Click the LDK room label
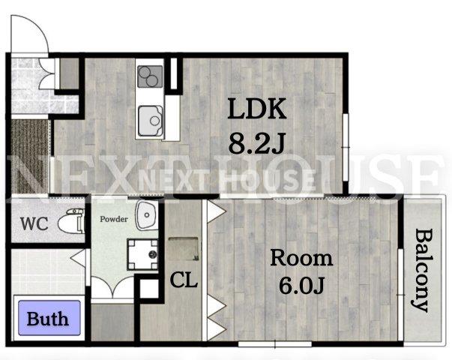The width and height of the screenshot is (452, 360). (257, 109)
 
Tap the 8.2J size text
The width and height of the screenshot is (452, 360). (257, 143)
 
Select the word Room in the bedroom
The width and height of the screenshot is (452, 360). (301, 258)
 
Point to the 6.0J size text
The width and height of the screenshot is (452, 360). (302, 286)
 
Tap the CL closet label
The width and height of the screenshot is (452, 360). (184, 280)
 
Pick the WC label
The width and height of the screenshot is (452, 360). (34, 223)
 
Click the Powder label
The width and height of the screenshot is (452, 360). (114, 219)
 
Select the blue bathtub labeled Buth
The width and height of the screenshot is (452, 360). (49, 318)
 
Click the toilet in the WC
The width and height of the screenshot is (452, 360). (71, 221)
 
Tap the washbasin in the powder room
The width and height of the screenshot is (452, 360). (147, 215)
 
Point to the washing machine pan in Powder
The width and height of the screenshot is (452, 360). (142, 254)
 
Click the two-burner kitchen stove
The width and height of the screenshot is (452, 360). (150, 76)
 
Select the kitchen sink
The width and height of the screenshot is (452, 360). (151, 121)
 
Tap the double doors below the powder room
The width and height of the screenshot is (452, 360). (112, 286)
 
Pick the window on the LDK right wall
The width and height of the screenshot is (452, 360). (346, 148)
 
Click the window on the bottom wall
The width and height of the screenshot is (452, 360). (275, 343)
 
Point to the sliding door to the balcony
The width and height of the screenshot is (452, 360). (401, 295)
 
